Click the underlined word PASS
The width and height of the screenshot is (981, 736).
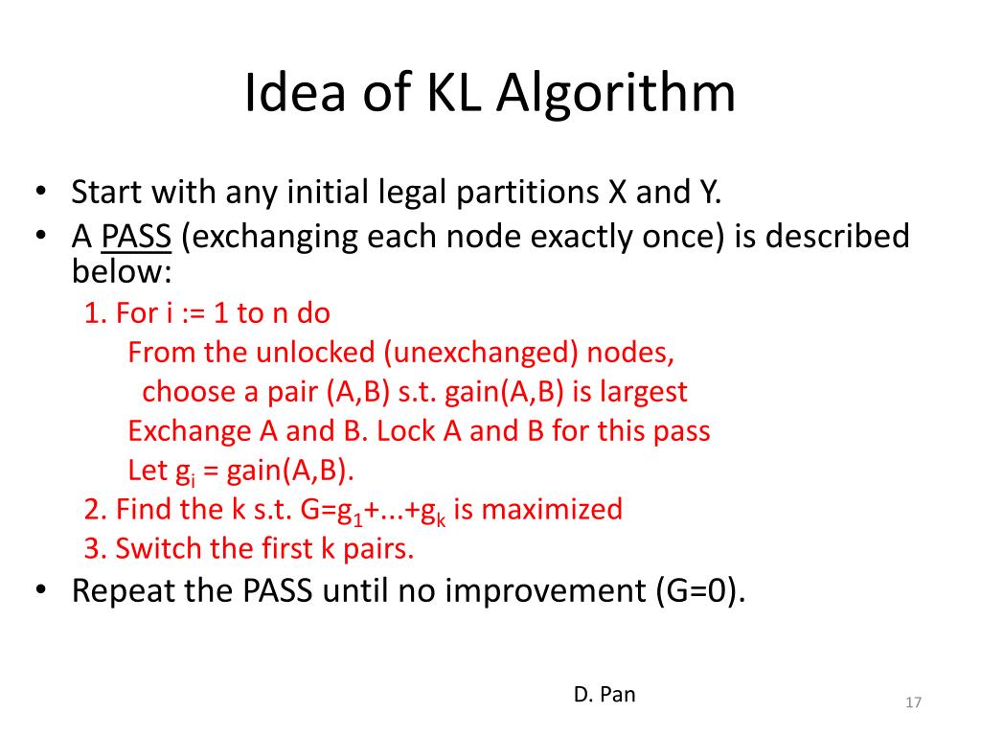(x=136, y=236)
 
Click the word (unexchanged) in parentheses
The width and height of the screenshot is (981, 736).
(x=481, y=353)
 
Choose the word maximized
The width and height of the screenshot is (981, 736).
(x=552, y=509)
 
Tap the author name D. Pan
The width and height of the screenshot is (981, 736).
(x=605, y=695)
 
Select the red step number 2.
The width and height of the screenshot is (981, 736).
(x=92, y=509)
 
